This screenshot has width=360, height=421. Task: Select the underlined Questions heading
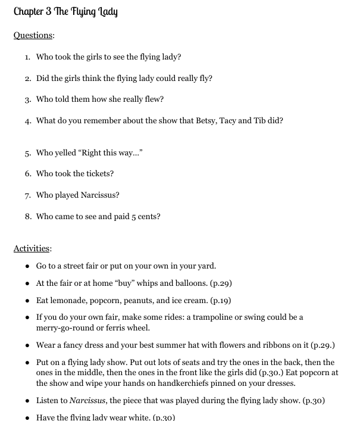pos(33,35)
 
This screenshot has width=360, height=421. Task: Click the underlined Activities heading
pos(32,248)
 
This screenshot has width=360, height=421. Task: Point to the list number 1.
pos(27,57)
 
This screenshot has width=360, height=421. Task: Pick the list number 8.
pos(27,217)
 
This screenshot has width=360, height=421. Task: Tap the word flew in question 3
pos(153,99)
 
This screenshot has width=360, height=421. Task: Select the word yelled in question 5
pos(65,153)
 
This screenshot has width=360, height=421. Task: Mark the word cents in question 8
pos(146,217)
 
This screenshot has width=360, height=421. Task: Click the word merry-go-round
pos(66,328)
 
